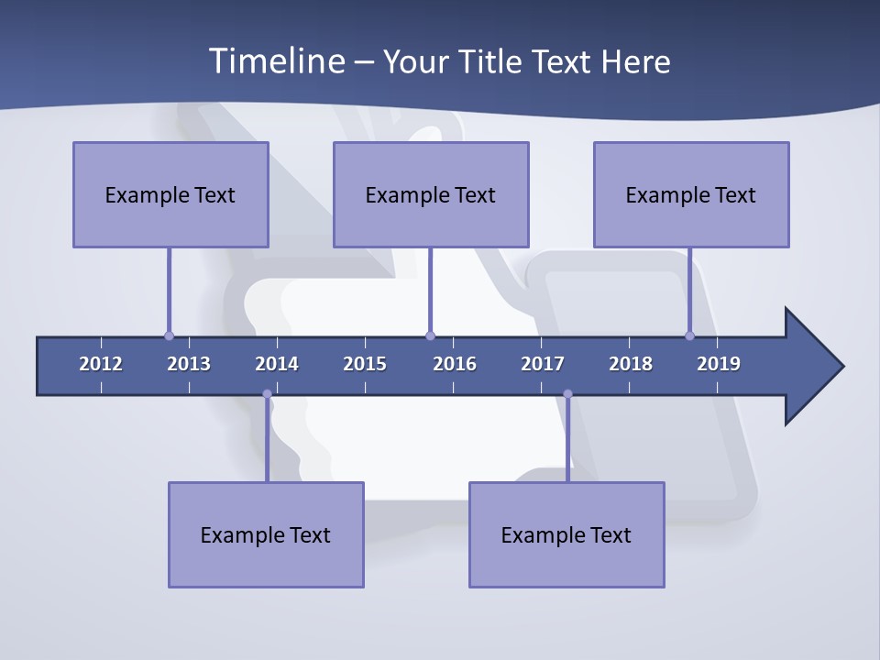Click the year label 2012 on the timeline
pos(101,364)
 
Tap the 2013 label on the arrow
pos(189,364)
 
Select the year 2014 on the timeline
pos(277,364)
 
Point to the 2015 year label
pos(365,364)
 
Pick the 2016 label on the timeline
pos(455,364)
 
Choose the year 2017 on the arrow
pos(543,364)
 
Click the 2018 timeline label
pos(631,364)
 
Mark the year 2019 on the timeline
pos(719,364)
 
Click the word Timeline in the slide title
pos(276,61)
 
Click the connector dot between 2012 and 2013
pos(169,335)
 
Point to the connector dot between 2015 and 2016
pos(430,335)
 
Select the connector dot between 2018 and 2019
pos(689,335)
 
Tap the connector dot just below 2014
pos(267,394)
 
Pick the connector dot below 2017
pos(567,394)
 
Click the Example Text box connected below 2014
pos(266,534)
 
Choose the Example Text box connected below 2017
pos(566,534)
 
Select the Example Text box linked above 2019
pos(691,194)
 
